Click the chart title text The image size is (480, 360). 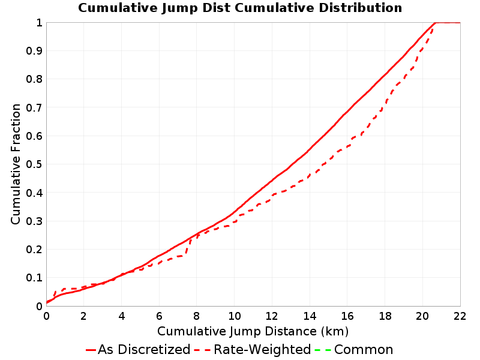click(240, 8)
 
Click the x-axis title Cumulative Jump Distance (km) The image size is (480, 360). click(253, 332)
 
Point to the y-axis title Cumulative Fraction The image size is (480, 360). click(16, 164)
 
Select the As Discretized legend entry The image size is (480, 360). click(138, 350)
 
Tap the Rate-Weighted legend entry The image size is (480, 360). click(253, 350)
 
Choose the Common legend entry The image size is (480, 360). click(354, 350)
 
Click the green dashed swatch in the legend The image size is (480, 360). click(323, 350)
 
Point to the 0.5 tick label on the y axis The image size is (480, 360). click(34, 164)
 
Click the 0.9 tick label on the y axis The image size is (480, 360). click(34, 51)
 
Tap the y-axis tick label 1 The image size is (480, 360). click(39, 23)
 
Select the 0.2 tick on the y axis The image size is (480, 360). click(34, 250)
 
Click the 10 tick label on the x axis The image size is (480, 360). click(235, 316)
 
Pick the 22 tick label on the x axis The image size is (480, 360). click(460, 316)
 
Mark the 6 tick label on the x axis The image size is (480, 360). click(159, 316)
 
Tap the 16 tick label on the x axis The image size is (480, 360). click(347, 316)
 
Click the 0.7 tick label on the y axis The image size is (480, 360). click(34, 107)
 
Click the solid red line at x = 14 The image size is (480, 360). click(310, 149)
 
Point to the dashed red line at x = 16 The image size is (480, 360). click(347, 146)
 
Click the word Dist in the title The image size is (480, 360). click(217, 8)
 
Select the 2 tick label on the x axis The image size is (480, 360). click(83, 316)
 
